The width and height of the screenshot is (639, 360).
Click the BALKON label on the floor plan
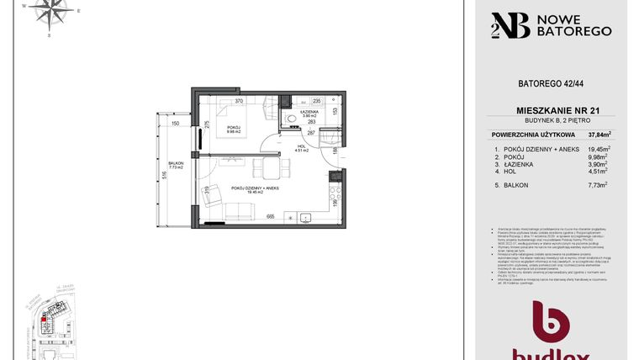click(175, 165)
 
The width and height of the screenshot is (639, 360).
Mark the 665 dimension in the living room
click(270, 216)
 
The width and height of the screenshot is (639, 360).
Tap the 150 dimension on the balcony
click(176, 124)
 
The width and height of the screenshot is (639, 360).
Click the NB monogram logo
click(510, 25)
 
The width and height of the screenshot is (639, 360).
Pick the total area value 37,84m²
click(599, 134)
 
